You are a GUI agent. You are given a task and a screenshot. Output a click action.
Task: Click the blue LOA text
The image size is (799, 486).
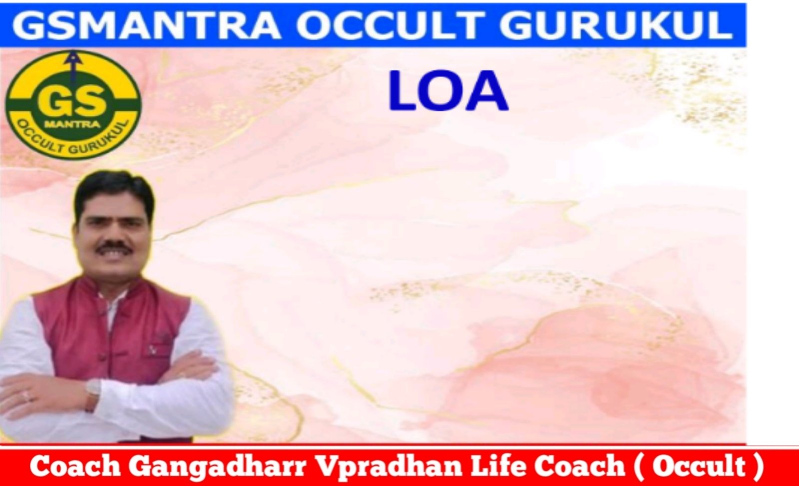[447, 92]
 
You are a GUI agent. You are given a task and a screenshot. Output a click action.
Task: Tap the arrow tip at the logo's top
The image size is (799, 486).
[73, 53]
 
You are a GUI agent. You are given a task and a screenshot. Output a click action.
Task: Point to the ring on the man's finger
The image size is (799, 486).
[25, 396]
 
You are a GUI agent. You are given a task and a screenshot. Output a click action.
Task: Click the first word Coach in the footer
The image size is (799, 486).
[74, 466]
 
